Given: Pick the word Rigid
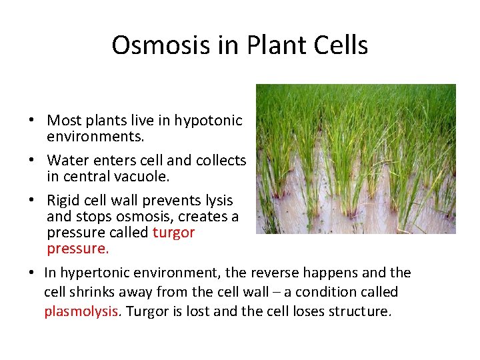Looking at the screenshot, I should click(63, 201).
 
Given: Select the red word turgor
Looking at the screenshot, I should click(173, 233).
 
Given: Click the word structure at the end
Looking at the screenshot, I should click(359, 312).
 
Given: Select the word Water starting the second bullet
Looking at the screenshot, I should click(66, 161).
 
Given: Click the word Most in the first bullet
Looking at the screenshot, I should click(63, 121).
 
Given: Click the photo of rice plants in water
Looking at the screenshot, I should click(355, 159).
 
